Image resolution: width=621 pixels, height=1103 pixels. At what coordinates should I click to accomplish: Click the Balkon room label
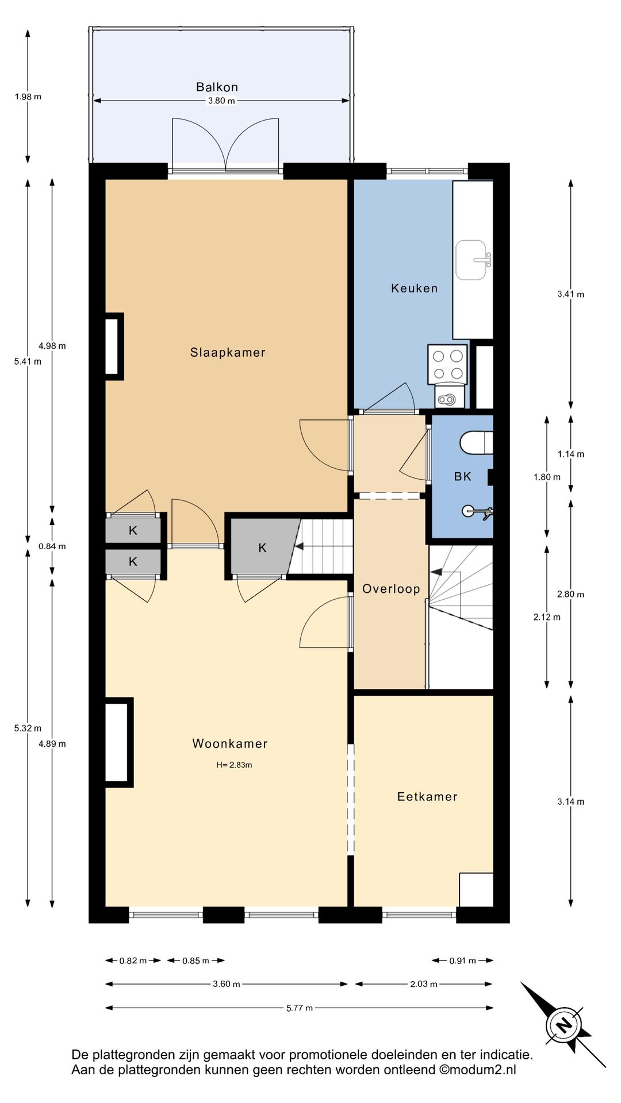coord(217,87)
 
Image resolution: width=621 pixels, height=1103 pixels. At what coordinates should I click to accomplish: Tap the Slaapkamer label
coord(228,353)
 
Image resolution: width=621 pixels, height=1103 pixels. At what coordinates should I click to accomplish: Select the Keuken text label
coord(415,288)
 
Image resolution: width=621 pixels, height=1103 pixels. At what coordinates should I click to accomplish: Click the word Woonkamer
coord(230,744)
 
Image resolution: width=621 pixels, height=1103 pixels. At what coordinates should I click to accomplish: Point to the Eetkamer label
coord(427,797)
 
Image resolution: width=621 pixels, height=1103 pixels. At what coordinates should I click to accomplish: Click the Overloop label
coord(391,589)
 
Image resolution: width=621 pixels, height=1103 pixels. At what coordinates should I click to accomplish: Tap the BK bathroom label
coord(463,476)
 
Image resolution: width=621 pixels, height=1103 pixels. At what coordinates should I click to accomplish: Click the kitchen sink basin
coord(471,260)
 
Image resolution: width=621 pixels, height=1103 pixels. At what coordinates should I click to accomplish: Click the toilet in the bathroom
coord(477,442)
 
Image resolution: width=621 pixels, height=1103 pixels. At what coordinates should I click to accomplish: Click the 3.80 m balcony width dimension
coord(221,101)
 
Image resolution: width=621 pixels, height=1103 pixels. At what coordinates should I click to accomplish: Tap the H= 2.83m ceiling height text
coord(234,765)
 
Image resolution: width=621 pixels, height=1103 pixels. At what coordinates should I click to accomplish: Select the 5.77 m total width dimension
coord(300,1008)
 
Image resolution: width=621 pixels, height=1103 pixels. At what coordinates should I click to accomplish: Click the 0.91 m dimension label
coord(463,961)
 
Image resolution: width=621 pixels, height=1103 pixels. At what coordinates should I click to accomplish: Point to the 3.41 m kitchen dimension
coord(571,294)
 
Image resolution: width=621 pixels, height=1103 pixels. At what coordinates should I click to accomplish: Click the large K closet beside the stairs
coord(262,548)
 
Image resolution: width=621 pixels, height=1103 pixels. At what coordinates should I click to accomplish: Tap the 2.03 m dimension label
coord(424,984)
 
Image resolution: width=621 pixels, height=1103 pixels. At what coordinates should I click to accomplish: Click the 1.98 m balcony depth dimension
coord(28,97)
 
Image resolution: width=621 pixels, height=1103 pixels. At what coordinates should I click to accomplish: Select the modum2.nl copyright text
coord(478,1070)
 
